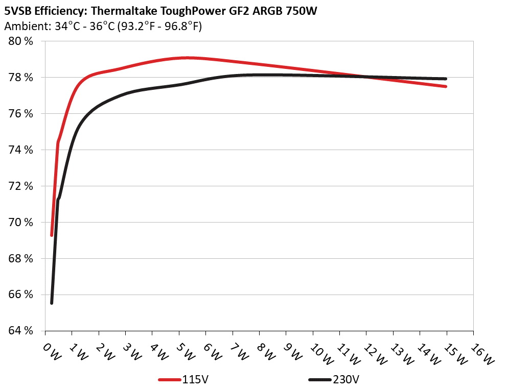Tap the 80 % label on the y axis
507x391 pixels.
21,41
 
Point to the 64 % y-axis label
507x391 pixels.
21,330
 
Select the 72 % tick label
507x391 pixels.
21,186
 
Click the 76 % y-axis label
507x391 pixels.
21,113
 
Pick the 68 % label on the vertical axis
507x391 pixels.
21,258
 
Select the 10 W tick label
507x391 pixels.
317,352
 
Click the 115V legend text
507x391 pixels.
195,380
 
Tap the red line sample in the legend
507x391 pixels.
170,380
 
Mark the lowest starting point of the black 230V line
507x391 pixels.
52,303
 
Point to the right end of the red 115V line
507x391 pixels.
446,86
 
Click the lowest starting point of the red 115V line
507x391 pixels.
52,235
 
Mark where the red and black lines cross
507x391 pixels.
365,77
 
